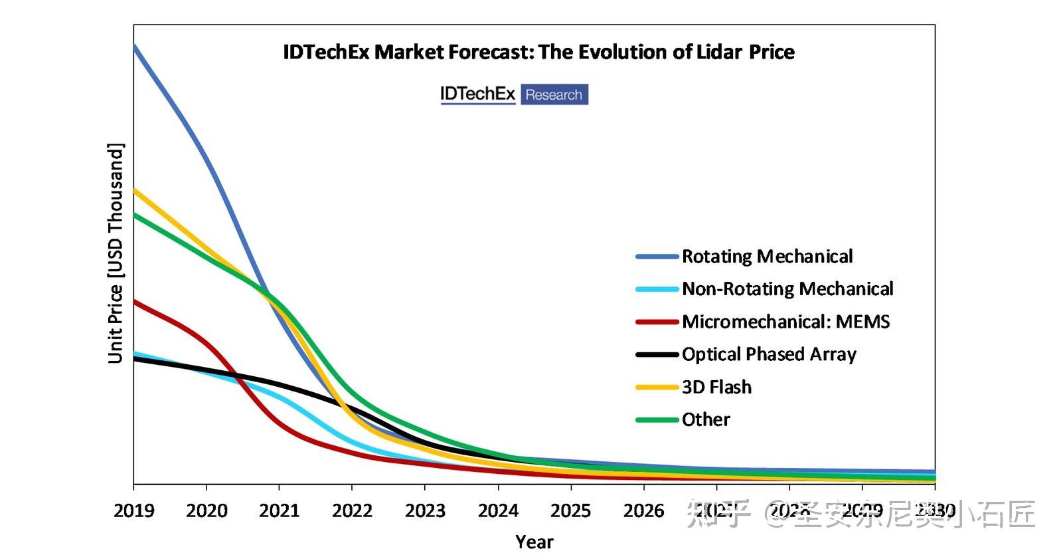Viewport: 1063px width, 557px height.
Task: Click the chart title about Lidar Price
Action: (x=538, y=52)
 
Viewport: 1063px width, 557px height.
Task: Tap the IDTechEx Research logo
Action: (x=514, y=94)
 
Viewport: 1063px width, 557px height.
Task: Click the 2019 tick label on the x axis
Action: (x=133, y=510)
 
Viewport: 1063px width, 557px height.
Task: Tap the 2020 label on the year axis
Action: (x=206, y=510)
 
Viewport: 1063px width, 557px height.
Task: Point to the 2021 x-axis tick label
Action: (x=279, y=510)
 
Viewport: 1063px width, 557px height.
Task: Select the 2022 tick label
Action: (x=352, y=510)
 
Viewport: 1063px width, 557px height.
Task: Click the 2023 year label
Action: (x=425, y=510)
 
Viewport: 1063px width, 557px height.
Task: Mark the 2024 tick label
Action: (x=498, y=510)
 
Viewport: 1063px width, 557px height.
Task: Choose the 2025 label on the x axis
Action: (x=570, y=510)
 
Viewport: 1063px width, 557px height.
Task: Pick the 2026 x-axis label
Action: (x=643, y=510)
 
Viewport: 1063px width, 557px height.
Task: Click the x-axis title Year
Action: (x=534, y=542)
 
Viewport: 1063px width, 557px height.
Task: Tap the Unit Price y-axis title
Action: (x=116, y=253)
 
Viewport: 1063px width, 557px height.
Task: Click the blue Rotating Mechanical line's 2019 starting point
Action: (x=135, y=46)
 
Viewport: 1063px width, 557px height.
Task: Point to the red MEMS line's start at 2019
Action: (x=135, y=302)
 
